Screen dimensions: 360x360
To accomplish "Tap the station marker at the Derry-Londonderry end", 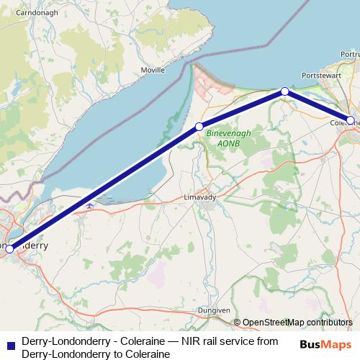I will coord(9,248).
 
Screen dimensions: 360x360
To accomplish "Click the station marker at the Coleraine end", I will coord(351,120).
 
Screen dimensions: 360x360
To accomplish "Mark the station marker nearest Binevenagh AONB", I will coord(199,126).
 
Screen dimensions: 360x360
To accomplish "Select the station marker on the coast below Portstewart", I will coord(285,91).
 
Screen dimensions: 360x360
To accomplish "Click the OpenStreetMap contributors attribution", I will coord(292,323).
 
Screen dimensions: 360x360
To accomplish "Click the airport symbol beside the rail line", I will coord(89,206).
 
